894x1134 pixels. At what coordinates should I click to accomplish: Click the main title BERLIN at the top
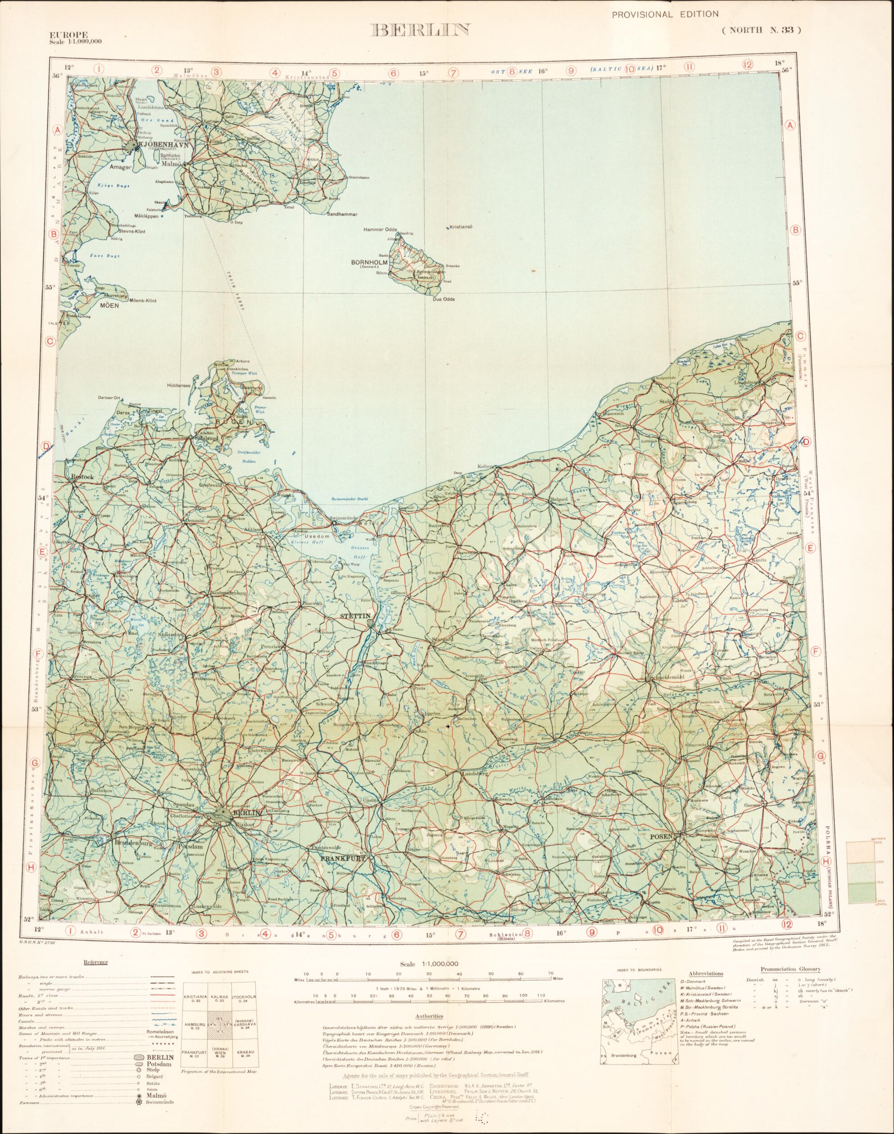tap(420, 30)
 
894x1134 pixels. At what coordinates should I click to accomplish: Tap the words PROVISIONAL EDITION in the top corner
tap(665, 15)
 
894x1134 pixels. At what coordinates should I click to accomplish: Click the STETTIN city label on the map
tap(355, 616)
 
